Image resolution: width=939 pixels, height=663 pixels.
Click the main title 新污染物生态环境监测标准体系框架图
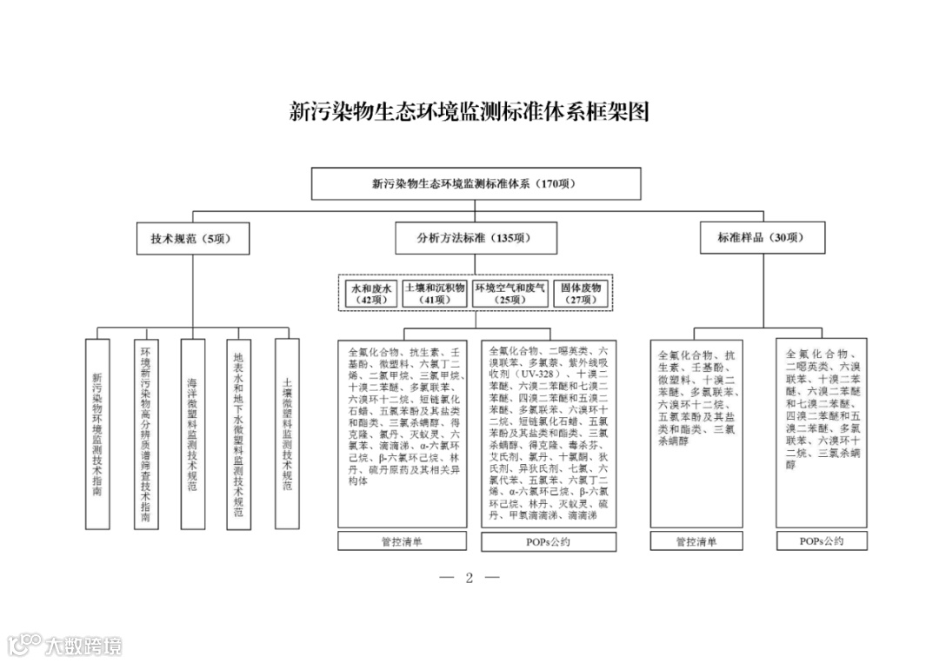click(469, 112)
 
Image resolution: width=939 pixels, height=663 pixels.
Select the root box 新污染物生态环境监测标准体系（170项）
click(476, 183)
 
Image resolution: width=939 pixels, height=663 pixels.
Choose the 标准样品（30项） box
click(762, 238)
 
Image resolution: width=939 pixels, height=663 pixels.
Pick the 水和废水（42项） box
click(371, 293)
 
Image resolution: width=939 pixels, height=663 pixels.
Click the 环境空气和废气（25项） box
click(510, 293)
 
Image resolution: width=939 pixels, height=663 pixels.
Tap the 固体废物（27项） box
click(581, 293)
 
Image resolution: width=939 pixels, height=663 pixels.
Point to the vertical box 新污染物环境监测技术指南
click(97, 433)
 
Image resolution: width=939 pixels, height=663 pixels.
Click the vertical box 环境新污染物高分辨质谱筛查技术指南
click(145, 433)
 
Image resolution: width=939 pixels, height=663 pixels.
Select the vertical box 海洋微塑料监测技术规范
click(192, 433)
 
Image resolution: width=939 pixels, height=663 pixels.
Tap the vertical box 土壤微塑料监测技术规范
click(287, 433)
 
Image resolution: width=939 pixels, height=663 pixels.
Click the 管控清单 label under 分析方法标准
click(403, 541)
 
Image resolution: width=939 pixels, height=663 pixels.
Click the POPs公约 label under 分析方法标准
click(549, 541)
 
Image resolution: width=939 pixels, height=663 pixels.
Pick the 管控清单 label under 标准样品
click(696, 541)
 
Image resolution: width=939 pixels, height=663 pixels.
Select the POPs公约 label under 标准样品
click(821, 540)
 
